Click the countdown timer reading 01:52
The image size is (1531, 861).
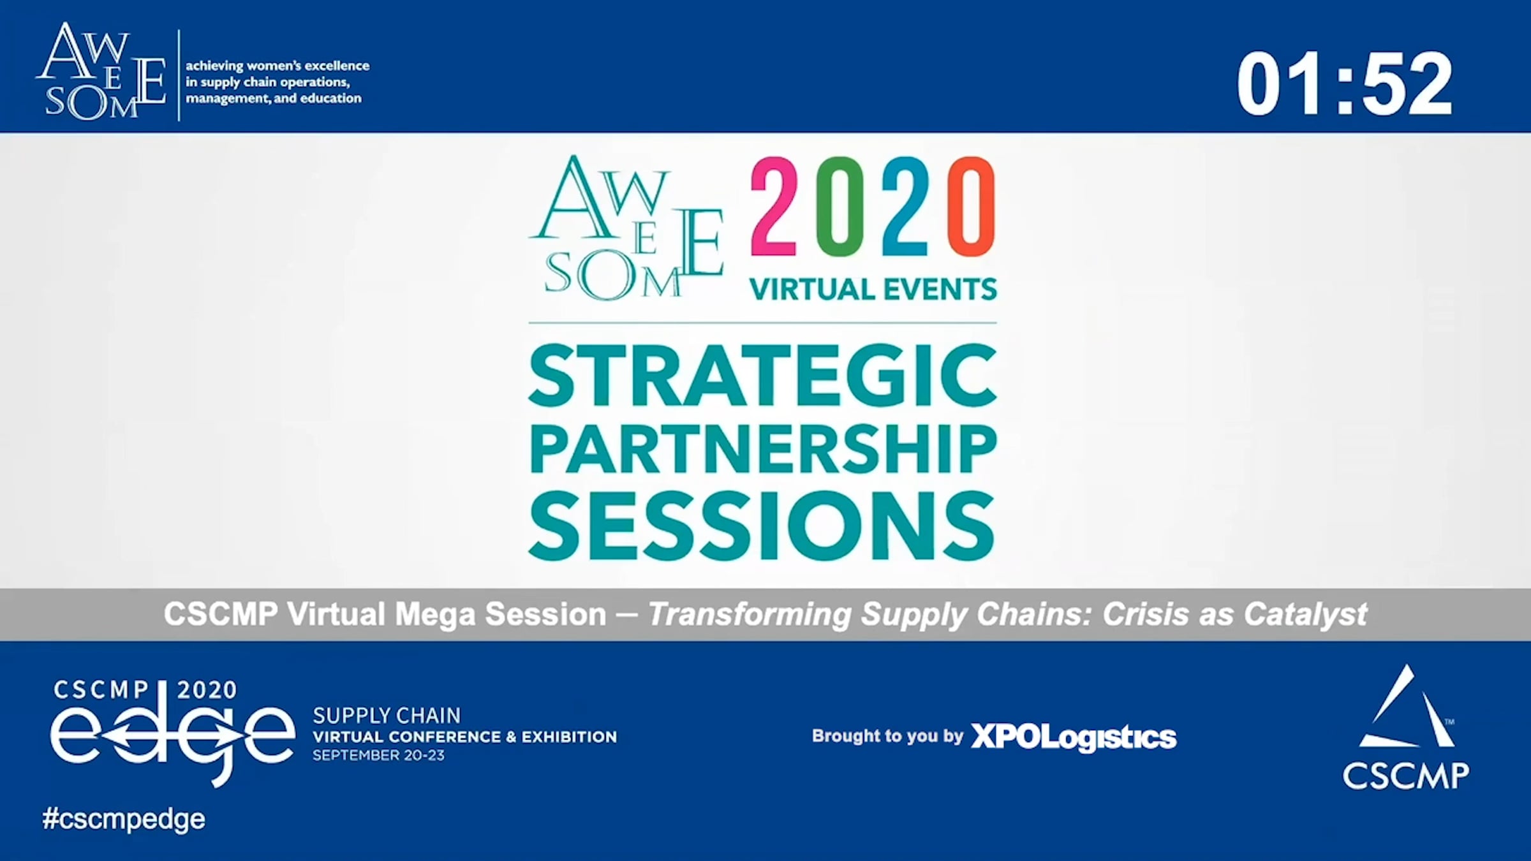(x=1344, y=84)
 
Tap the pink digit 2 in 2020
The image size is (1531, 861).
(x=773, y=207)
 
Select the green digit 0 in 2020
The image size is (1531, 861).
(x=839, y=207)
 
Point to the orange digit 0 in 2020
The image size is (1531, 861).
(x=972, y=207)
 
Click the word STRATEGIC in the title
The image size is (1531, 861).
(x=763, y=376)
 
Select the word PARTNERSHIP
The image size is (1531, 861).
(x=763, y=450)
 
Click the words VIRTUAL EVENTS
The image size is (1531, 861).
(x=873, y=290)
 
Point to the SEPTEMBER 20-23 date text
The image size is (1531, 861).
(x=378, y=755)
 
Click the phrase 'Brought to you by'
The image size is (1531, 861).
(x=887, y=736)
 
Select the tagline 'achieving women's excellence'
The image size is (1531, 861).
(x=277, y=66)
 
